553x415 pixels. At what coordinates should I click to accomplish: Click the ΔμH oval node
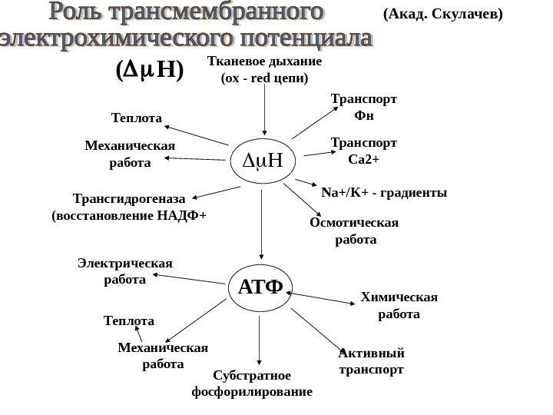(263, 161)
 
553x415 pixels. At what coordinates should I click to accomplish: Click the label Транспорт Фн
(363, 108)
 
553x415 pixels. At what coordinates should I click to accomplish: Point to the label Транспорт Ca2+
(363, 151)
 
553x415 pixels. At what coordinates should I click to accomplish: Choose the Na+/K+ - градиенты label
(384, 192)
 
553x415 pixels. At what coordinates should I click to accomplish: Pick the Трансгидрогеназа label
(128, 206)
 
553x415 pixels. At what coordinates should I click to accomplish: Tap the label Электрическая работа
(125, 271)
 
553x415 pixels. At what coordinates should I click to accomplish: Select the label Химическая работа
(399, 306)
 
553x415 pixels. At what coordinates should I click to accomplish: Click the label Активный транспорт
(371, 361)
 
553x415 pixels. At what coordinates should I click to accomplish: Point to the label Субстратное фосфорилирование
(251, 383)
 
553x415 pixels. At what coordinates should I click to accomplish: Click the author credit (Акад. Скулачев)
(442, 14)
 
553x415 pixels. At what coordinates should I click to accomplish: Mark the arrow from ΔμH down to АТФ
(262, 222)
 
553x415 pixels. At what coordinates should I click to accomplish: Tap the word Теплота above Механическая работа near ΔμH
(137, 118)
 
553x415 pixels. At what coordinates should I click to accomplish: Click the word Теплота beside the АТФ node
(128, 320)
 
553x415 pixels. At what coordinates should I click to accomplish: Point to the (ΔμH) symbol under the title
(149, 71)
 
